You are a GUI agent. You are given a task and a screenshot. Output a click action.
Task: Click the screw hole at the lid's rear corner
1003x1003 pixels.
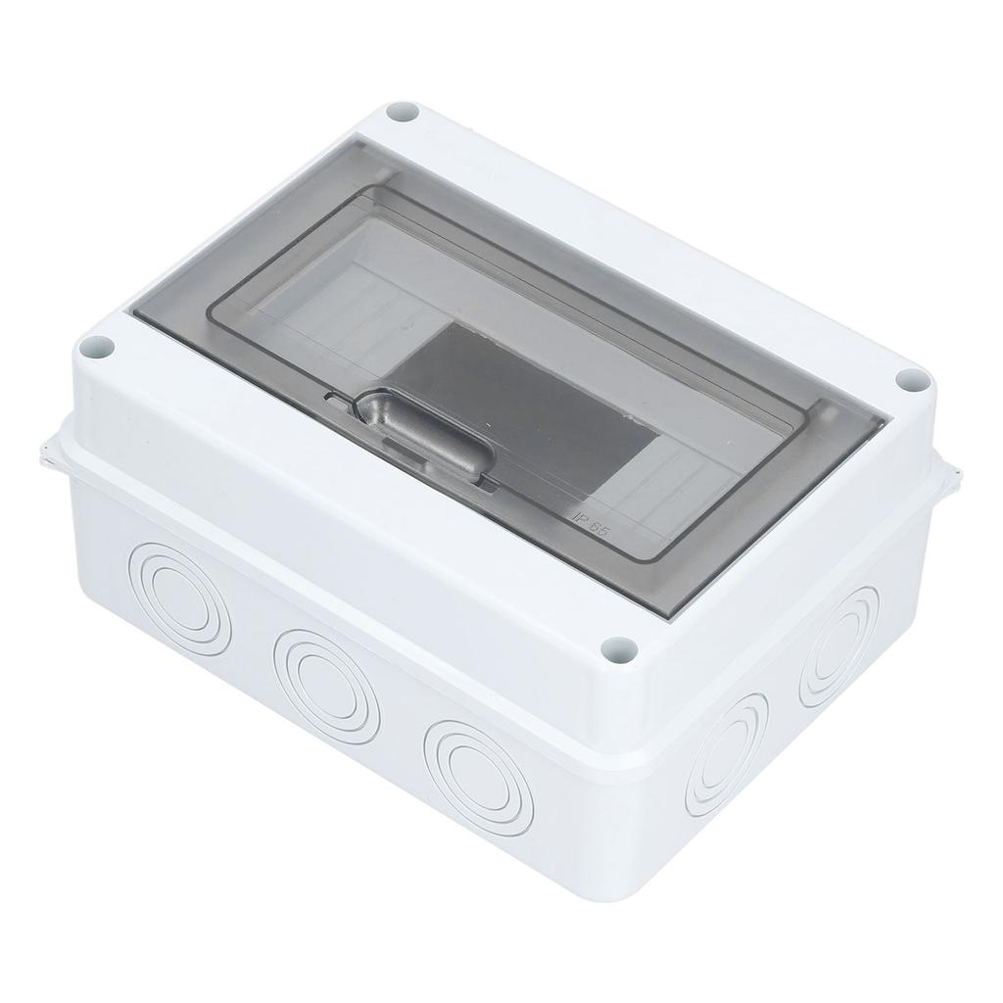pos(403,112)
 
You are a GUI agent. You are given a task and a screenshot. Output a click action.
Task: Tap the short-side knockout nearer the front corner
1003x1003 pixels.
pos(726,753)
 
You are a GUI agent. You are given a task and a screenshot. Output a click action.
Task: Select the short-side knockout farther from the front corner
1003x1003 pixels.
pos(837,645)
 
